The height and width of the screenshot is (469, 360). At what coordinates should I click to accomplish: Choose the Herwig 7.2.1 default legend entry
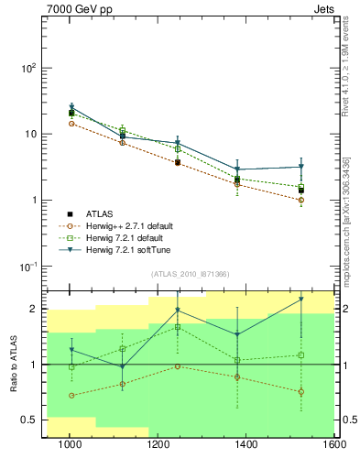119,237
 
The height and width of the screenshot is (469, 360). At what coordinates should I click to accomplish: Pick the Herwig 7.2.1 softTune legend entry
119,249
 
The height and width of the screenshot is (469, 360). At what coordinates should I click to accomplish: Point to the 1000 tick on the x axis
69,446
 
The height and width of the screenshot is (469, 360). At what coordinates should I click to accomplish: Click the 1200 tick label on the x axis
158,446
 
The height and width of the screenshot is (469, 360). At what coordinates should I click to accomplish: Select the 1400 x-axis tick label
246,446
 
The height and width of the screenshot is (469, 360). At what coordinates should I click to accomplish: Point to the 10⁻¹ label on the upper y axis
27,267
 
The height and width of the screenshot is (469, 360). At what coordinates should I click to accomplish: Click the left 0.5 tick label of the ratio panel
27,420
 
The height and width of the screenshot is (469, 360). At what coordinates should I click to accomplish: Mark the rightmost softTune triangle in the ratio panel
300,300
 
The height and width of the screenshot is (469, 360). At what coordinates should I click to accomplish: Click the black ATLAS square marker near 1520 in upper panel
300,191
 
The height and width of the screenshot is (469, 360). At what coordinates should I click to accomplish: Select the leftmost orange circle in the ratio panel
71,396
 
